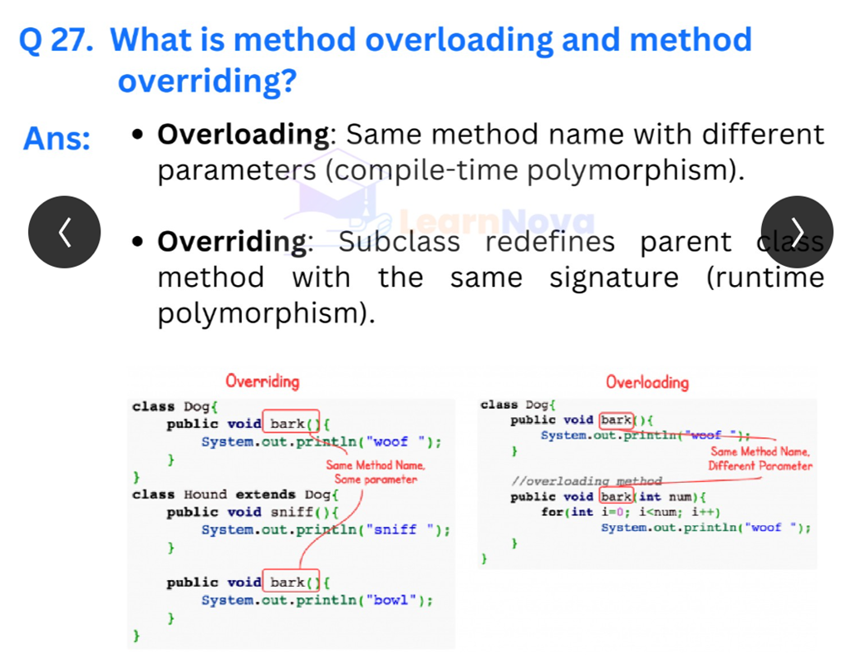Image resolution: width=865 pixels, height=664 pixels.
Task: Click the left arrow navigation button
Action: (x=65, y=232)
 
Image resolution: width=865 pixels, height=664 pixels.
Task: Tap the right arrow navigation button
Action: (x=797, y=232)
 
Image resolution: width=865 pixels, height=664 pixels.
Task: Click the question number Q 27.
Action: (x=57, y=40)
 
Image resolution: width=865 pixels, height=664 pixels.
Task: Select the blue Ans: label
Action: (x=57, y=138)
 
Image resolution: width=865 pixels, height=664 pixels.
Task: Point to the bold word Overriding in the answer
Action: (x=233, y=243)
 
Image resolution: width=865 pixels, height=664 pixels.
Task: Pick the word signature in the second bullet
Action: (x=614, y=278)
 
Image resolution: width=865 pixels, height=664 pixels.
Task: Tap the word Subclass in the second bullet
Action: (x=400, y=242)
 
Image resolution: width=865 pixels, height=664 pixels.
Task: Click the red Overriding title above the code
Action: (x=263, y=381)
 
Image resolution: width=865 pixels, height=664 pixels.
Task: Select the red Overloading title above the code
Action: (x=647, y=382)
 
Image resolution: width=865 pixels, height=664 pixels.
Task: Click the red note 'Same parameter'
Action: (x=376, y=480)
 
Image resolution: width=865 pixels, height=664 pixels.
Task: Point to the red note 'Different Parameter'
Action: (x=760, y=466)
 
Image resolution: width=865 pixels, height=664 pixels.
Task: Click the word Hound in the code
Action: (x=205, y=494)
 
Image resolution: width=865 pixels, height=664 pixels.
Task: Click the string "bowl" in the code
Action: (x=391, y=600)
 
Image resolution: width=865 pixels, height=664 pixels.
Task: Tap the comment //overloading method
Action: (x=586, y=481)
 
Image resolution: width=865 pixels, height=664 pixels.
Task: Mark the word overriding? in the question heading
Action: (x=208, y=81)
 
